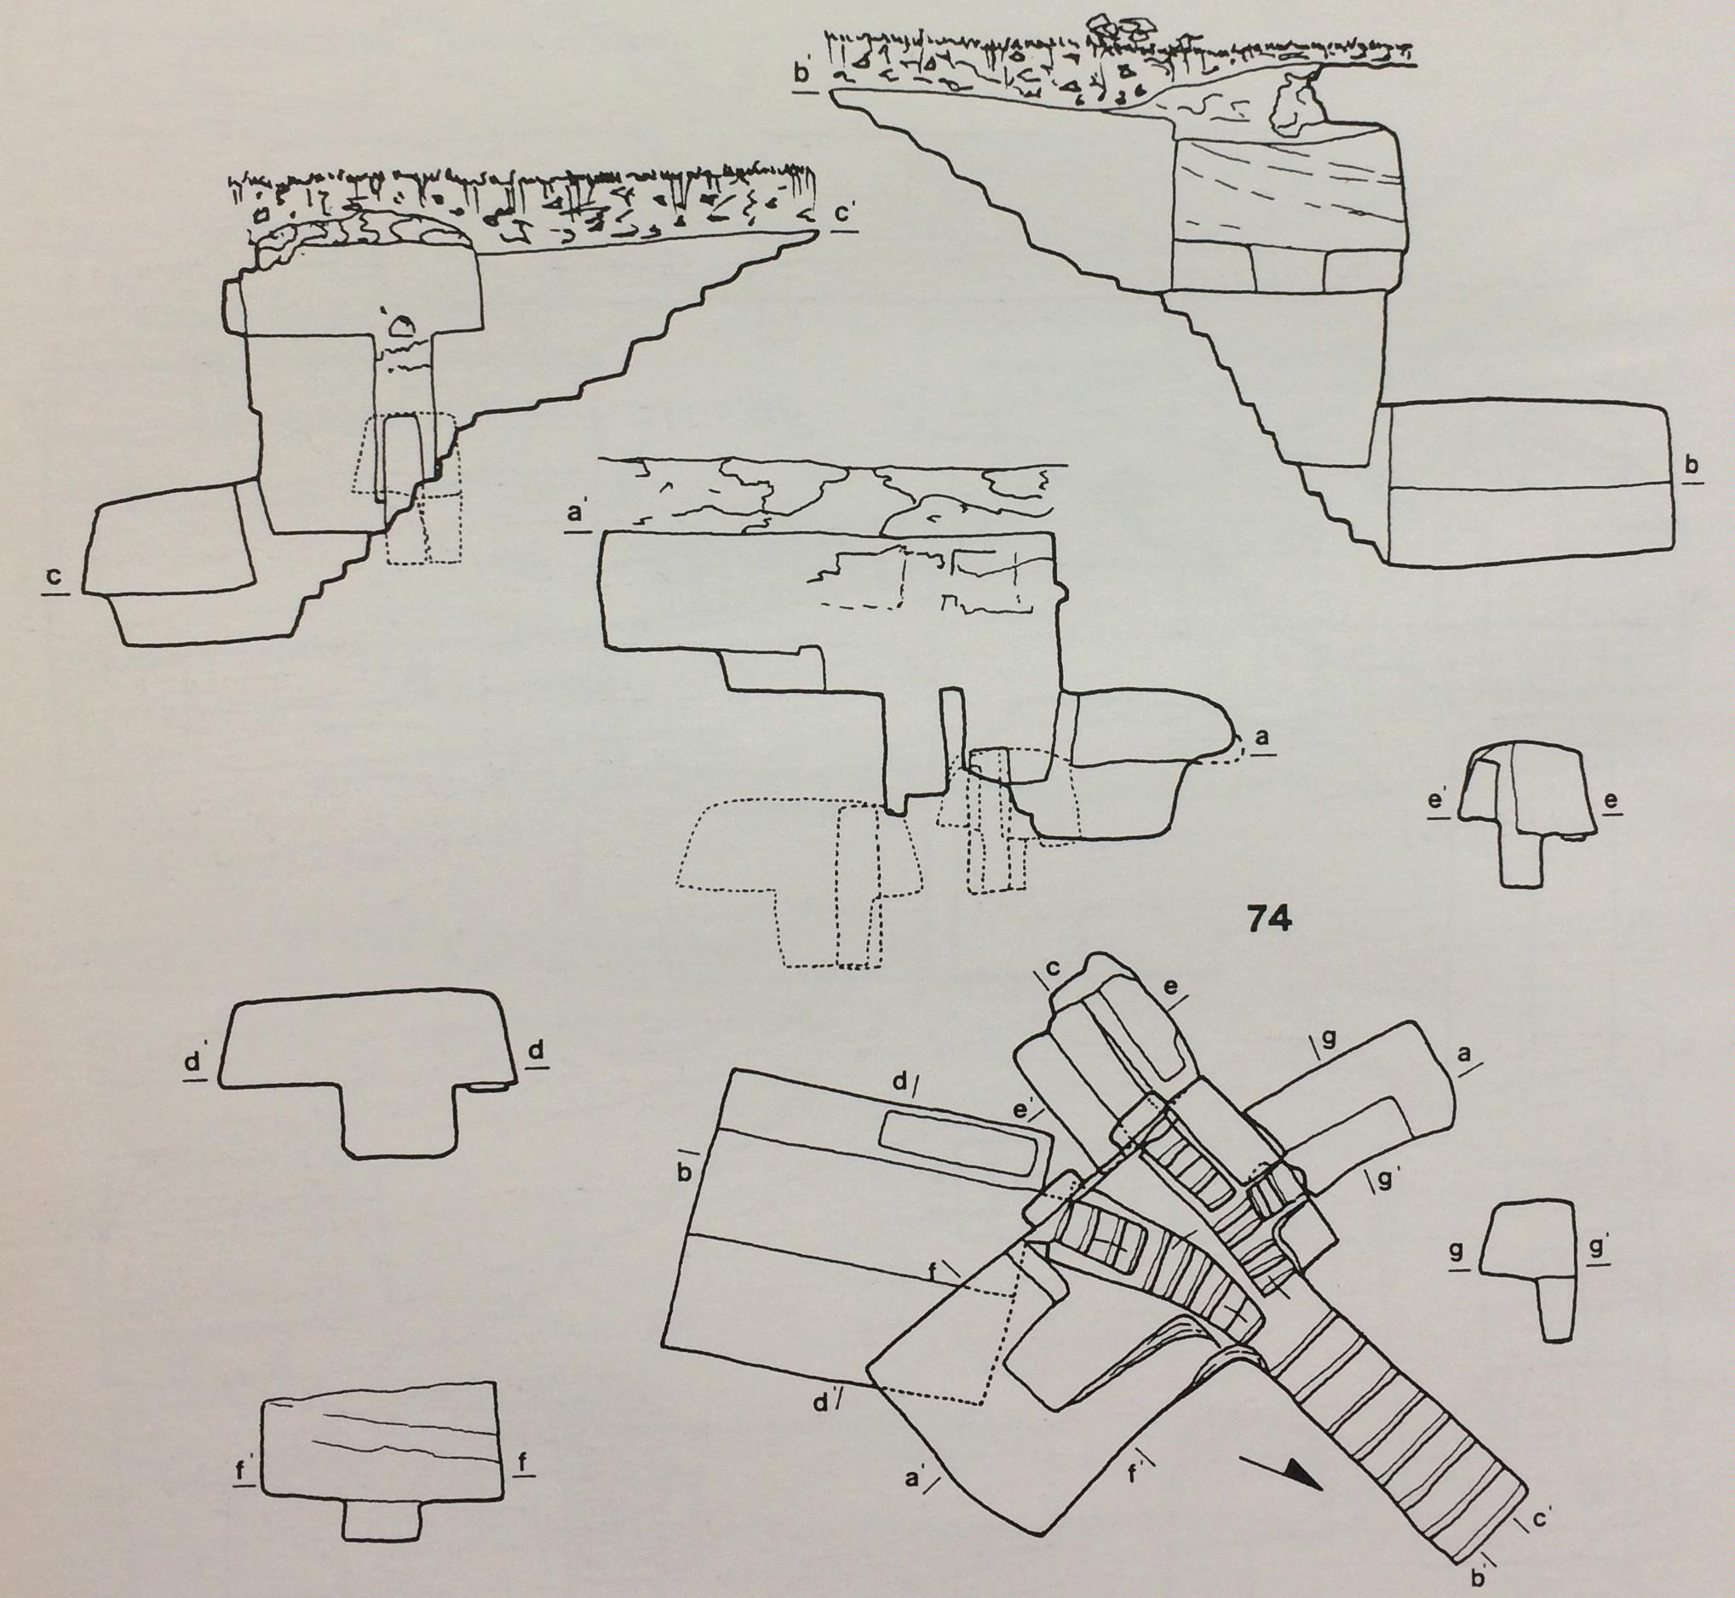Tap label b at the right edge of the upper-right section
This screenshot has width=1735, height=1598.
pos(1691,466)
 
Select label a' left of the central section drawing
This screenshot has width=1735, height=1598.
pos(574,513)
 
